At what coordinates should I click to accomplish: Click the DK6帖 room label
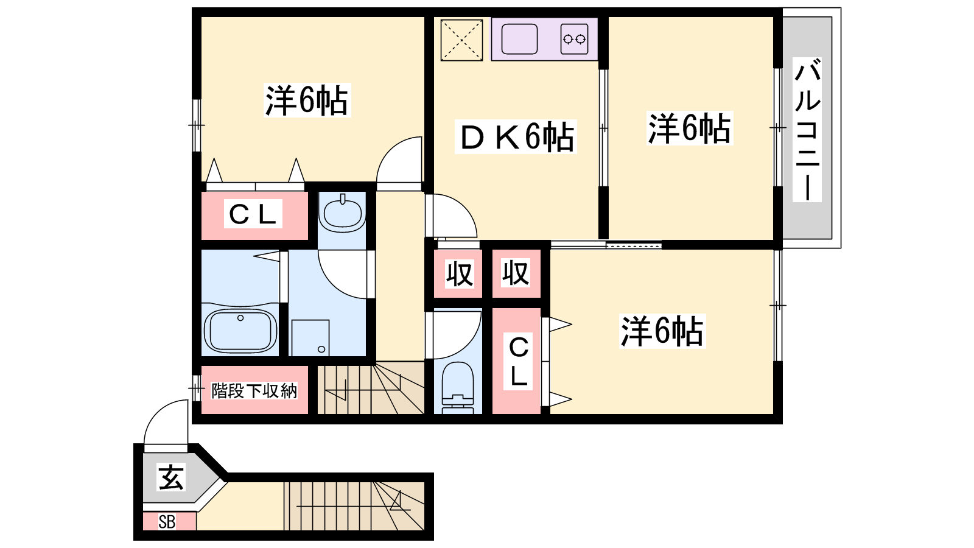516,136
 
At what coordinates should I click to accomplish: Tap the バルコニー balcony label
807,130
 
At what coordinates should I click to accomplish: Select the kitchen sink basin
519,39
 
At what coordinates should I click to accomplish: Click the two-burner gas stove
574,39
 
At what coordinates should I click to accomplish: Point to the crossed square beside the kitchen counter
461,40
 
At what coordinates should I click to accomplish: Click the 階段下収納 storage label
254,390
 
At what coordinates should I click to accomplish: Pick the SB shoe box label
167,522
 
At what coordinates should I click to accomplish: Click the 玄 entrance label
171,477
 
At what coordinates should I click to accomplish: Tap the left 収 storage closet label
459,273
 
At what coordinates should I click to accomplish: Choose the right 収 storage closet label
516,273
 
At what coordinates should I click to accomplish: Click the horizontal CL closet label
253,214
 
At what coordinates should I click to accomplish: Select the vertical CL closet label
518,362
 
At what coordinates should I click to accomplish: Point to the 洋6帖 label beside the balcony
690,128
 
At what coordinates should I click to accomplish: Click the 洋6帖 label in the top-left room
307,100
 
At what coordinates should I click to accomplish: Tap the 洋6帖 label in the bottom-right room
662,331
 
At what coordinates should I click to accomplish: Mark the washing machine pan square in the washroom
310,338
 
